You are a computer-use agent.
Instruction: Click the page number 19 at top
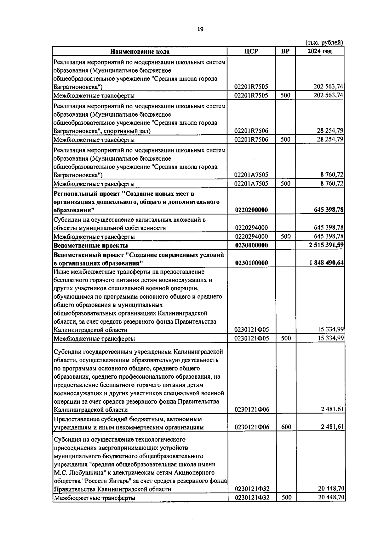click(200, 29)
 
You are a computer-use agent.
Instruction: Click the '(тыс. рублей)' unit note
click(324, 42)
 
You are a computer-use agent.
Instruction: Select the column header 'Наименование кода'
click(140, 52)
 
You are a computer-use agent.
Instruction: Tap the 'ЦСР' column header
click(251, 51)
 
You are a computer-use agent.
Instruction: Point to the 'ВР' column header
click(285, 51)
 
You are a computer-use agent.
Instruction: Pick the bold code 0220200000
click(251, 210)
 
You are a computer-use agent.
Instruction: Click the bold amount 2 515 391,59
click(326, 245)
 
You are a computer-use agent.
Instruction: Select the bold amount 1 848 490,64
click(326, 263)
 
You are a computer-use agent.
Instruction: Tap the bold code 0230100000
click(251, 263)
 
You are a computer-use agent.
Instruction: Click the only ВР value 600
click(286, 427)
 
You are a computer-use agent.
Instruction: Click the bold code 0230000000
click(251, 245)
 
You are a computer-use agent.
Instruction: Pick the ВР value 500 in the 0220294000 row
click(285, 236)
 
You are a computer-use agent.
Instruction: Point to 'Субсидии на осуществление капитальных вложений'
click(129, 220)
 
